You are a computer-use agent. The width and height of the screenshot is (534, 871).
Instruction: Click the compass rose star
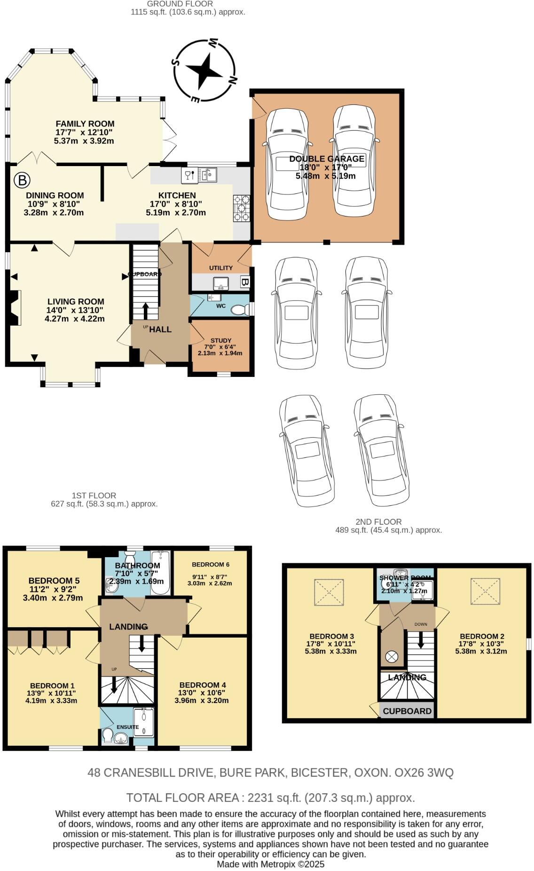pos(204,71)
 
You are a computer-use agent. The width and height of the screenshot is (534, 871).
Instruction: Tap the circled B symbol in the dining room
pos(22,180)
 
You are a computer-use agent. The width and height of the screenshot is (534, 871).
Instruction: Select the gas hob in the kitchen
pos(241,208)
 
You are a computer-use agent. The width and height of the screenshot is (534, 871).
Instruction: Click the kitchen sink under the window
pos(209,175)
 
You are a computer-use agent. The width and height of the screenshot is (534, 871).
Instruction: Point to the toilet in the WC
pos(240,310)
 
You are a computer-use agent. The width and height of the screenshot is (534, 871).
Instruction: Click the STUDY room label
pos(220,340)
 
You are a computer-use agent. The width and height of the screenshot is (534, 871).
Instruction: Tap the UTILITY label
pos(220,268)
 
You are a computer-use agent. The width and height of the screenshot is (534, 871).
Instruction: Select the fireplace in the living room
pos(15,308)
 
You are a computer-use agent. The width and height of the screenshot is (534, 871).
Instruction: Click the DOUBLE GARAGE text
pos(327,159)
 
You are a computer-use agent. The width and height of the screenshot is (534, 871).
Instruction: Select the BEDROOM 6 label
pos(210,564)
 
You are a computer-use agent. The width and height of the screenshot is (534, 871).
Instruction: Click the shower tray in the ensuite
pos(143,721)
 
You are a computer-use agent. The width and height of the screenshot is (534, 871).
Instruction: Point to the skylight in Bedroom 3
pos(329,592)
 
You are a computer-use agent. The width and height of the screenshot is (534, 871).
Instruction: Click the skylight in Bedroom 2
pos(485,591)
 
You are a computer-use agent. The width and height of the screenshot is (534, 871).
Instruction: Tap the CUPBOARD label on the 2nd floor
pos(407,711)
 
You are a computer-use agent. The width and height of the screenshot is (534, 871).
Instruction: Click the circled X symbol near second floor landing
pos(391,656)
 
